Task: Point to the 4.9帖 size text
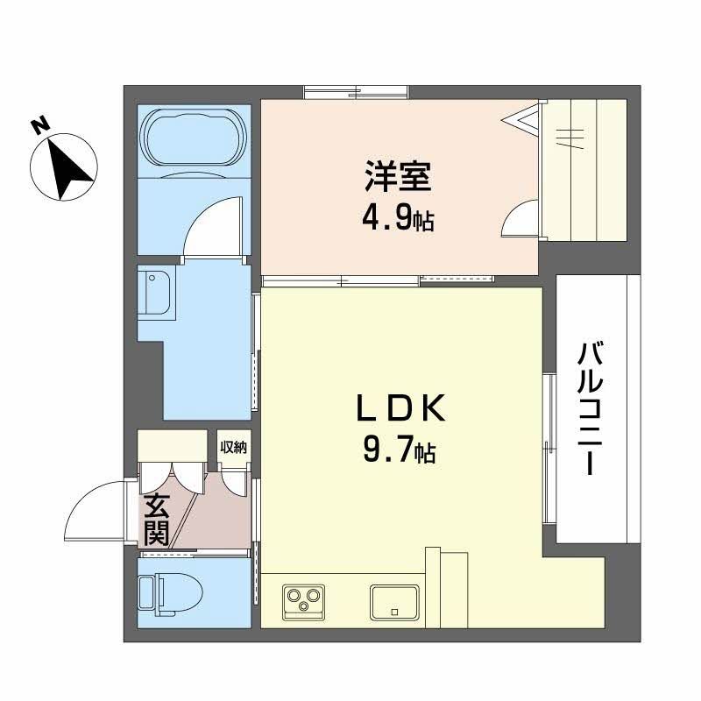click(399, 216)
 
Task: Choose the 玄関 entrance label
click(157, 520)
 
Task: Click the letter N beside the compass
click(39, 125)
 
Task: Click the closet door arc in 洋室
click(521, 219)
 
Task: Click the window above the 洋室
click(358, 90)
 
